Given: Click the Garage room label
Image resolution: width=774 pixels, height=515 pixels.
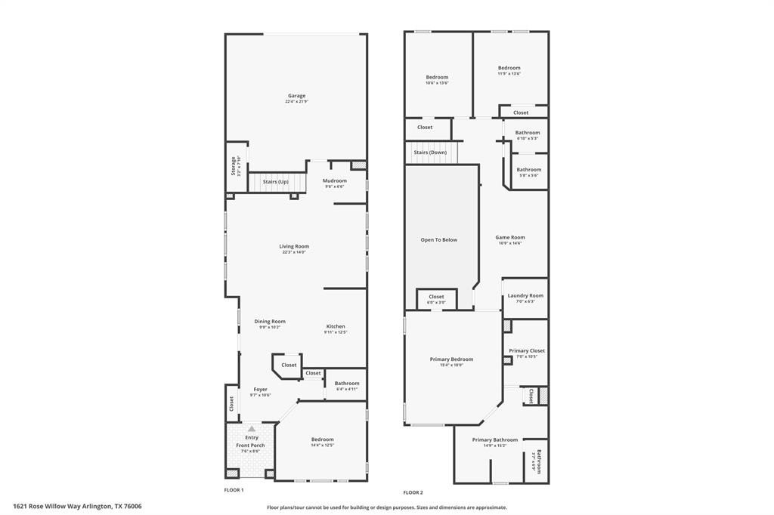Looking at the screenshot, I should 296,96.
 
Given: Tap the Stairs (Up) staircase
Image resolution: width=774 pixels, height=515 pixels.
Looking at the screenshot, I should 275,182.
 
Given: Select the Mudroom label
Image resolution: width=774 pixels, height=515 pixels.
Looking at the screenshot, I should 334,181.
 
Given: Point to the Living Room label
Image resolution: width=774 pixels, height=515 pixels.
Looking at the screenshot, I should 294,246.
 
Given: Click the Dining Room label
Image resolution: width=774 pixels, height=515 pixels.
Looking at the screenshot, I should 270,322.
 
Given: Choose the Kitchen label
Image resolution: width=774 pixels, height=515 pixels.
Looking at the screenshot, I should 336,327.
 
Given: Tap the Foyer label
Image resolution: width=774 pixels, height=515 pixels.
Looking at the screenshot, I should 260,390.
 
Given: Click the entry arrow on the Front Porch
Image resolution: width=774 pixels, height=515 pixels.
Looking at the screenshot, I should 251,429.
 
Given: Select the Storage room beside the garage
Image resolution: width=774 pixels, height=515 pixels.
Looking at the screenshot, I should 235,165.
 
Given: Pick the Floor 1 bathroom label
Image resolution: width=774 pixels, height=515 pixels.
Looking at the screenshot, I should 347,384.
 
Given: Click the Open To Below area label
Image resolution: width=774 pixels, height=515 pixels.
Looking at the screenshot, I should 438,240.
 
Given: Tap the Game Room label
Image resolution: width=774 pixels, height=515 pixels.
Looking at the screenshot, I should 509,238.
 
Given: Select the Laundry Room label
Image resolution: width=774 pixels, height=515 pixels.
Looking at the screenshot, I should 525,296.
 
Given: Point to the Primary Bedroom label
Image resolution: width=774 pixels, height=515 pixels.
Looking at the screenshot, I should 451,359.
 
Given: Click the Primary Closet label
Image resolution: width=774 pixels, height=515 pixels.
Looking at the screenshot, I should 526,351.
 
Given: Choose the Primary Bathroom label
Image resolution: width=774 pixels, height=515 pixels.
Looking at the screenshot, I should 495,440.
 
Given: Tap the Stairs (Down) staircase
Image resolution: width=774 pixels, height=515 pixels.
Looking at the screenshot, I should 430,153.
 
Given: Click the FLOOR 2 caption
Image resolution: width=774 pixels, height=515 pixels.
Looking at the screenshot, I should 413,492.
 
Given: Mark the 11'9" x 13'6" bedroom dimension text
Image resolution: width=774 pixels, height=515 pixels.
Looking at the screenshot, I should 509,74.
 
